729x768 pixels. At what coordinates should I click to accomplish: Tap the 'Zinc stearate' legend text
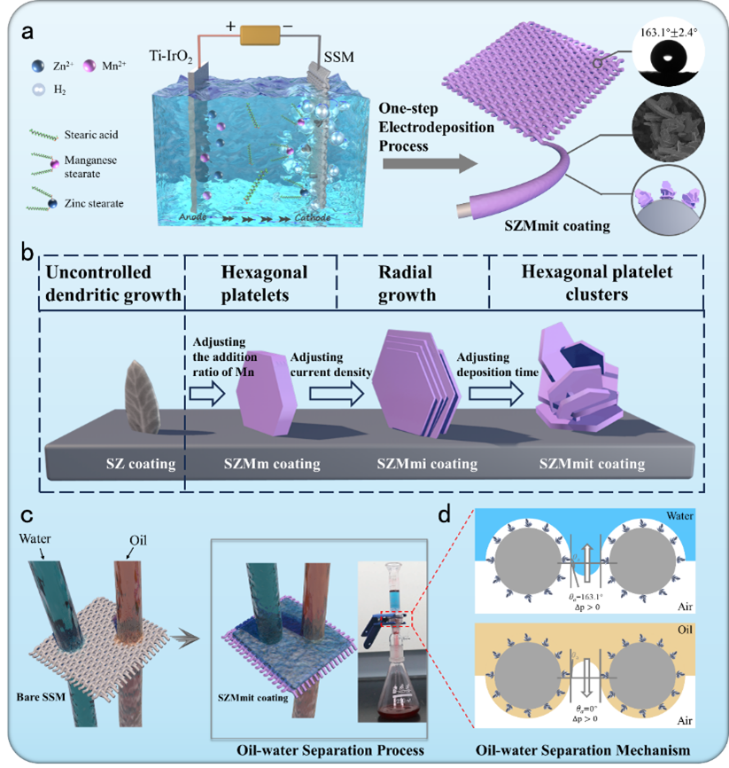(93, 203)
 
